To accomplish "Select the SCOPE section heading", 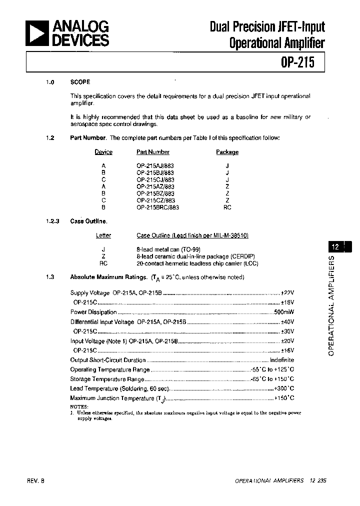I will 80,82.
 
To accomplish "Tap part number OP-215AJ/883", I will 155,165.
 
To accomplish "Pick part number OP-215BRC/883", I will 157,207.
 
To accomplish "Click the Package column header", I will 227,152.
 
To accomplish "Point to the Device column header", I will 103,152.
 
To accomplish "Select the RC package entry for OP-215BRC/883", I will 227,207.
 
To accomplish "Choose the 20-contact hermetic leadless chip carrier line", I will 197,263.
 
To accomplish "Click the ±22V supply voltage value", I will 287,293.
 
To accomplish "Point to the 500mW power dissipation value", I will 284,312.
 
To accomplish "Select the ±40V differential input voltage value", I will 287,322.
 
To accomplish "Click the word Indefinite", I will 282,360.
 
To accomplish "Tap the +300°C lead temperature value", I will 284,388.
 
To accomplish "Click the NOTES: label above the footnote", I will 79,406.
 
